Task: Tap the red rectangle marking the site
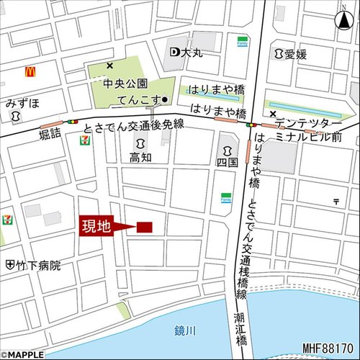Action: [144, 228]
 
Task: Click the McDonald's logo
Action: [30, 72]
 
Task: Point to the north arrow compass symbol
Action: [341, 20]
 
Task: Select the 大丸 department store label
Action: [185, 52]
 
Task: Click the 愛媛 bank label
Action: [291, 53]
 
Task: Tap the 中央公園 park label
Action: [124, 84]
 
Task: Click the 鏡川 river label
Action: [184, 330]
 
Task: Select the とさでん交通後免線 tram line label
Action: [134, 126]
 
